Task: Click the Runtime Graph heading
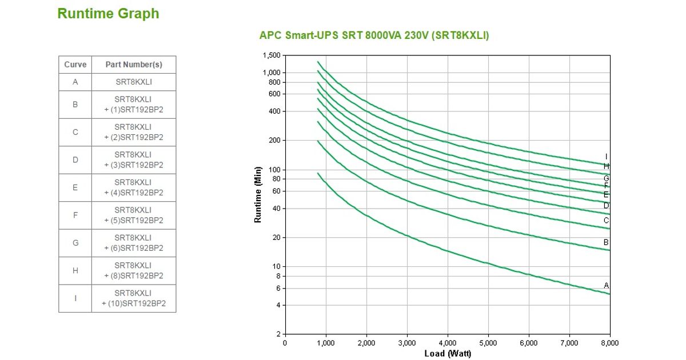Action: tap(108, 14)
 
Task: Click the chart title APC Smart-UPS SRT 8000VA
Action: tap(374, 35)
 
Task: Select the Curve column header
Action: tap(75, 65)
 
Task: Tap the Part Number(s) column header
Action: tap(134, 65)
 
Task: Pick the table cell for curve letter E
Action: tap(75, 187)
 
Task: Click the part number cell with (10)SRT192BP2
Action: tap(134, 298)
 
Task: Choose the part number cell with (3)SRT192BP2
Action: tap(134, 160)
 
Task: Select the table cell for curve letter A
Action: tap(75, 82)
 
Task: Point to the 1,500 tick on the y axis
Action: tap(272, 55)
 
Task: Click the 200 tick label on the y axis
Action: tap(275, 141)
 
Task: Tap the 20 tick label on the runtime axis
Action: tap(277, 238)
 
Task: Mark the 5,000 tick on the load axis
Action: tap(488, 343)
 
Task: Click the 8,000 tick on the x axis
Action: tap(609, 343)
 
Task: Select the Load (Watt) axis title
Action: tap(448, 354)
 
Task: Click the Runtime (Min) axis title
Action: tap(258, 194)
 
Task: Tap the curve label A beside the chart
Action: tap(607, 285)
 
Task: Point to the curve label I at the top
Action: tap(607, 157)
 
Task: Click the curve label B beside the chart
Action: tap(607, 242)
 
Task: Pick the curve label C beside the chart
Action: tap(607, 221)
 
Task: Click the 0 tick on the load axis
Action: tap(285, 343)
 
